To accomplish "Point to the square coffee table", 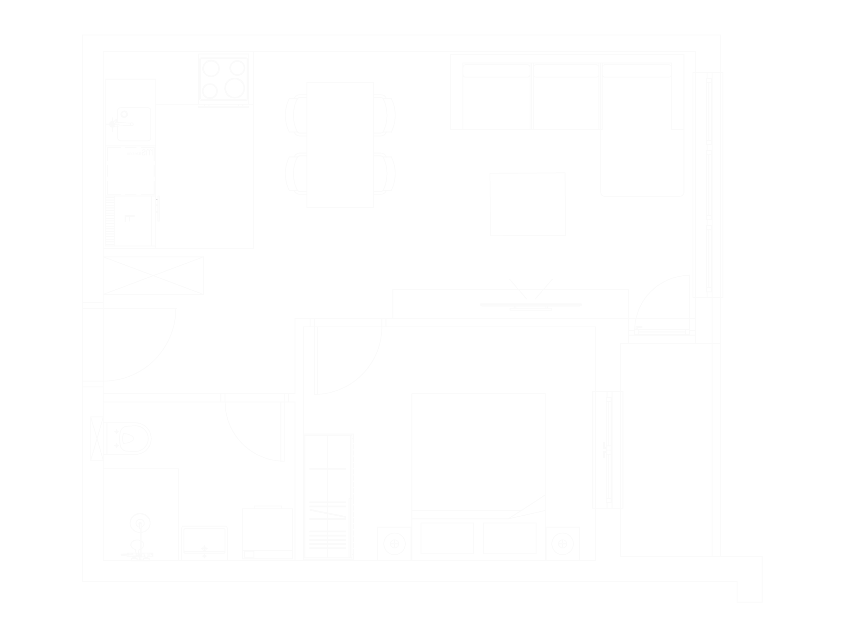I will click(527, 204).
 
